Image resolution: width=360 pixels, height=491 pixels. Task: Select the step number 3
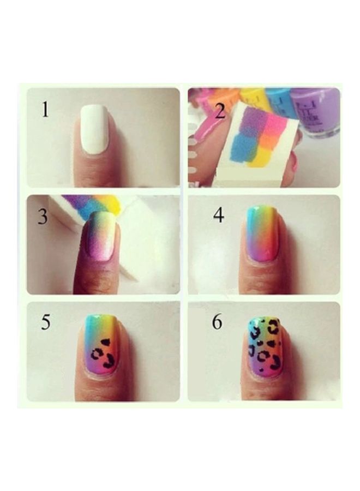click(43, 217)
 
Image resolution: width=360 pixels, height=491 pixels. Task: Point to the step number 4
click(219, 215)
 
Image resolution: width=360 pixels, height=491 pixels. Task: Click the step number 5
click(46, 322)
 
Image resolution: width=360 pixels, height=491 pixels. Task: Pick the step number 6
click(217, 322)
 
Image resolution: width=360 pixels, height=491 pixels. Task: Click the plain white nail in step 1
click(95, 130)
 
